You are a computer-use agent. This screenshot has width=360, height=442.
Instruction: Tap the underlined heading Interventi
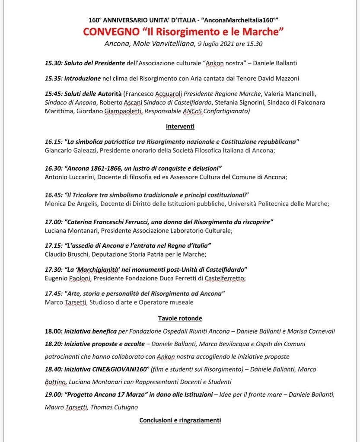[180, 127]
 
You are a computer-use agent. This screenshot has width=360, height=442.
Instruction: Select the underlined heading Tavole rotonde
[180, 318]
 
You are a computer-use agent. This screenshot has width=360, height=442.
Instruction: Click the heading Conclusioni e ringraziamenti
[180, 420]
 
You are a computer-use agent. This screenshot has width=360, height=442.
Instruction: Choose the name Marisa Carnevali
[316, 331]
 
